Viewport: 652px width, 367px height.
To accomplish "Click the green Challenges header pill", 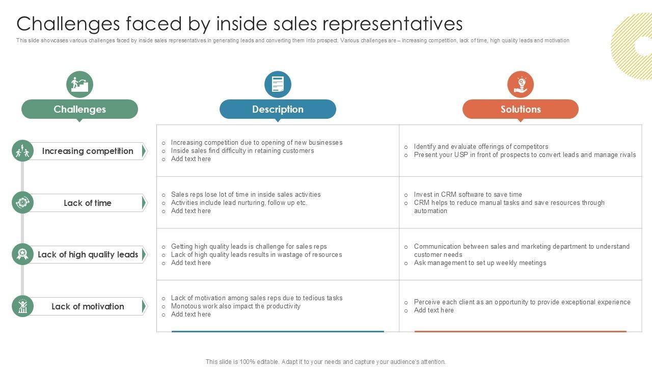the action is click(79, 109).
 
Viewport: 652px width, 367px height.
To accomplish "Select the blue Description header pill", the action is click(278, 109).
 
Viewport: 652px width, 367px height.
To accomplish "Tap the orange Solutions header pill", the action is click(520, 109).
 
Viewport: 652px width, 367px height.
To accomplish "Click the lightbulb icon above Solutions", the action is click(521, 84).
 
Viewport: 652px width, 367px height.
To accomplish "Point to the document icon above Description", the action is click(278, 84).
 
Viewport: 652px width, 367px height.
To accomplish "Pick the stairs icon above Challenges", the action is click(79, 84).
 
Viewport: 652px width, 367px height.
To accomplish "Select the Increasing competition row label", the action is click(88, 151).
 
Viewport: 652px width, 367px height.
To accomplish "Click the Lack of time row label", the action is click(88, 203).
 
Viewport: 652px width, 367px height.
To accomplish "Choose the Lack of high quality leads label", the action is click(88, 254).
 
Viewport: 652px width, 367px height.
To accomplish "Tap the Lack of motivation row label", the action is click(88, 306).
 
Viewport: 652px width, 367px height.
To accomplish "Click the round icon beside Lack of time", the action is click(22, 203).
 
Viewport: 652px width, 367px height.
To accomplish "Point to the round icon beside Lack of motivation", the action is click(22, 306).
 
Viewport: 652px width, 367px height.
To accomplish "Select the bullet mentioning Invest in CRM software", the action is click(468, 194).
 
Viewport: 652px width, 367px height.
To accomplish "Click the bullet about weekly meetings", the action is click(480, 263).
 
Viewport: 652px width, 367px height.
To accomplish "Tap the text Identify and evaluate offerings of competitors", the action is click(481, 146).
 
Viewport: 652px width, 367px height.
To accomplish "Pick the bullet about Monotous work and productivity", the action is click(235, 306).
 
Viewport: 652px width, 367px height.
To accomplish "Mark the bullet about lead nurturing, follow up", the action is click(239, 202).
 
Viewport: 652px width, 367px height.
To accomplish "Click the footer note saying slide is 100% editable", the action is click(325, 362).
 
